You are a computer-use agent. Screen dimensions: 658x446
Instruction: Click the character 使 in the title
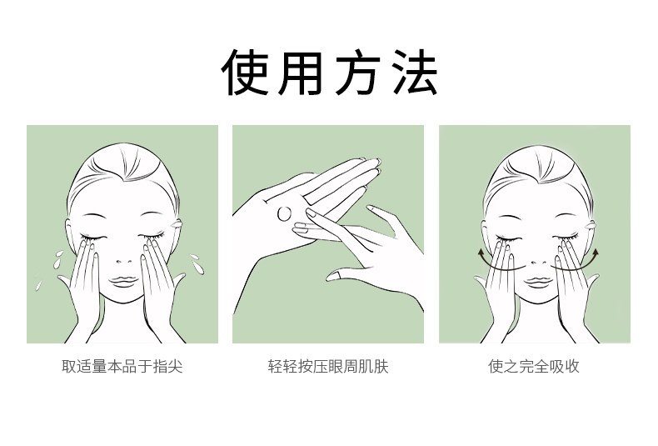coord(245,73)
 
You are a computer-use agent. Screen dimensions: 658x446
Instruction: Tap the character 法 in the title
coord(415,73)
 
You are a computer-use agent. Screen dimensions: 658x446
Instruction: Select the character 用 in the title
coord(301,73)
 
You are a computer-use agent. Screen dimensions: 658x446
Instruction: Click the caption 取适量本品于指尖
coord(122,366)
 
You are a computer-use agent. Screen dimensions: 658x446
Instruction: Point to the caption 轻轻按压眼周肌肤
coord(328,366)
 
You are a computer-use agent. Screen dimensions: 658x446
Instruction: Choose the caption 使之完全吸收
coord(534,366)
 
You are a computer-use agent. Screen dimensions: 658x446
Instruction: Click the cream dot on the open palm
coord(285,213)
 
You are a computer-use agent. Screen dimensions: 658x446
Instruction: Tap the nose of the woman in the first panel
coord(124,261)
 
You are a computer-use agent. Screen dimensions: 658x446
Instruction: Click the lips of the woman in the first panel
coord(123,281)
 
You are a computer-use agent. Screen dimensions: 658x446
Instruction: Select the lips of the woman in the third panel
coord(539,282)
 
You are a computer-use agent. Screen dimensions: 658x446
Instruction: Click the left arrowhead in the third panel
coord(481,253)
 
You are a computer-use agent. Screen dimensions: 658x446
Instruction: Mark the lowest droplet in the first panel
coord(38,286)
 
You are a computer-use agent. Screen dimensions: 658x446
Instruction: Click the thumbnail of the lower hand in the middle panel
coord(333,275)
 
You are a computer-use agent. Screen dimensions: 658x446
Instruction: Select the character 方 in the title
coord(357,73)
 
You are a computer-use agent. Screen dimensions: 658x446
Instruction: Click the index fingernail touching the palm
coord(311,213)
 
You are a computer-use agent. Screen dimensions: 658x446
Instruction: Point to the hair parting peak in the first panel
coord(123,181)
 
